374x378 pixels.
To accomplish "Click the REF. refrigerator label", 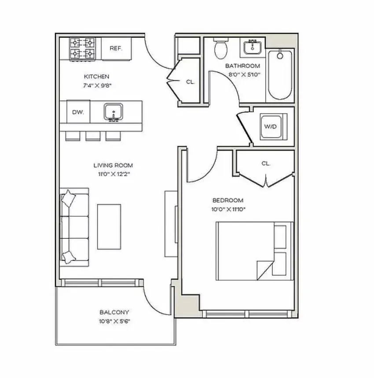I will click(116, 48).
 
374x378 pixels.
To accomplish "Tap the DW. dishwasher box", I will click(78, 112).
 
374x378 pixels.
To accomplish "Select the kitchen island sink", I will click(113, 112).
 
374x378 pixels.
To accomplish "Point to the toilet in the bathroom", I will click(220, 49).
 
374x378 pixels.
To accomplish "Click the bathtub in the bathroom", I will click(280, 74).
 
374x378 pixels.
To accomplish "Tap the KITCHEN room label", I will click(96, 76).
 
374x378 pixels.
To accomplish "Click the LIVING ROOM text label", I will click(113, 165).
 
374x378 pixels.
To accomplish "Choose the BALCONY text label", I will click(114, 312).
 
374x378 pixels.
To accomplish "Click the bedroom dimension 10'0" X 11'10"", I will click(228, 209).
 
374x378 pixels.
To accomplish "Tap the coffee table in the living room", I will click(109, 226).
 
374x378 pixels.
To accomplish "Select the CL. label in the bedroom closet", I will click(265, 163).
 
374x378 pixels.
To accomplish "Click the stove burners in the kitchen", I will click(83, 48).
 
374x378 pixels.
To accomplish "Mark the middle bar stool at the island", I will click(92, 136).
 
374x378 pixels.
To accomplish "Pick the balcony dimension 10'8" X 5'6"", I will click(114, 321).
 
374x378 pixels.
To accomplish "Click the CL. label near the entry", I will click(190, 82).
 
